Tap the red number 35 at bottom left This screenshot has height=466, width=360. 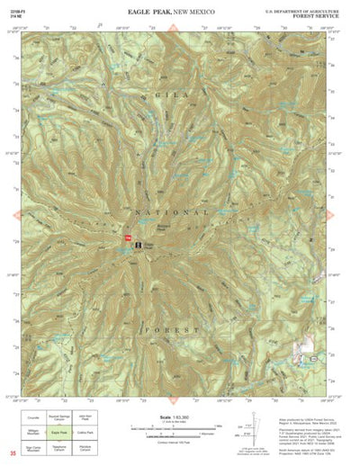(12, 453)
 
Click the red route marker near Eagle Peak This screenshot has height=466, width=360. (127, 237)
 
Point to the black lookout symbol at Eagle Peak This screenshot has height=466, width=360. (139, 244)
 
